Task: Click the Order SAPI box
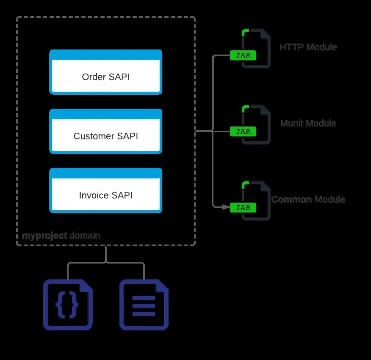pyautogui.click(x=106, y=72)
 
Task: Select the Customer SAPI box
pyautogui.click(x=106, y=132)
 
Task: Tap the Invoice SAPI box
pyautogui.click(x=106, y=190)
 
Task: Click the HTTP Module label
pyautogui.click(x=308, y=47)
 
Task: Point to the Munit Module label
pyautogui.click(x=308, y=123)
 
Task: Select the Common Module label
pyautogui.click(x=308, y=199)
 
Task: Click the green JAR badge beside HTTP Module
pyautogui.click(x=243, y=55)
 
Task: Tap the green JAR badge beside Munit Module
pyautogui.click(x=243, y=132)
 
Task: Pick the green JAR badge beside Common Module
pyautogui.click(x=243, y=208)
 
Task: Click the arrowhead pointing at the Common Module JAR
pyautogui.click(x=226, y=207)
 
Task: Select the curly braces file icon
pyautogui.click(x=68, y=305)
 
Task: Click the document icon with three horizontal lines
pyautogui.click(x=144, y=305)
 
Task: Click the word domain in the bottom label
pyautogui.click(x=85, y=236)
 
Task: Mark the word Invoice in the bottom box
pyautogui.click(x=94, y=195)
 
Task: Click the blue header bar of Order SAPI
pyautogui.click(x=106, y=55)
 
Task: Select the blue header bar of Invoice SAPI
pyautogui.click(x=106, y=173)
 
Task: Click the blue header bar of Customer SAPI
pyautogui.click(x=106, y=114)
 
